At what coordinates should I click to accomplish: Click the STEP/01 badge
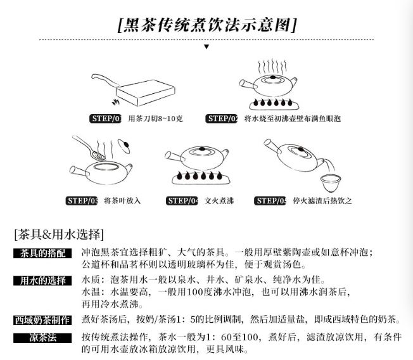(105, 119)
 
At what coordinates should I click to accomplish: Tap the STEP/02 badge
(222, 119)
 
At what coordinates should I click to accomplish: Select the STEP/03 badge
(81, 201)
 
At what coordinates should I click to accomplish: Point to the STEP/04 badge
(182, 201)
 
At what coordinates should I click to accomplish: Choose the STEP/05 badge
(270, 201)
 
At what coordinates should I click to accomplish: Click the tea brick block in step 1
(146, 93)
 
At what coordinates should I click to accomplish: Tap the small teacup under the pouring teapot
(331, 183)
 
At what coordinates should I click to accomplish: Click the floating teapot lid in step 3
(124, 146)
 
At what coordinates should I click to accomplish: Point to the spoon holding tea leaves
(90, 148)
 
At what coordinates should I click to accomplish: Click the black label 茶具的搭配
(42, 254)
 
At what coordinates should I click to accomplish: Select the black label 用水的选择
(42, 281)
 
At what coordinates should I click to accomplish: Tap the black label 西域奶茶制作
(42, 320)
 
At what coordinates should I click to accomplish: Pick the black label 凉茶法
(42, 338)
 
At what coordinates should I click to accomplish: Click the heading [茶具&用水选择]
(59, 235)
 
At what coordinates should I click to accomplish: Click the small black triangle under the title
(206, 47)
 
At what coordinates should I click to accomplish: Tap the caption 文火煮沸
(219, 201)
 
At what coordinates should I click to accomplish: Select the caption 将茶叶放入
(122, 201)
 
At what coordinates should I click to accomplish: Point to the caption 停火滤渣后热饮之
(322, 201)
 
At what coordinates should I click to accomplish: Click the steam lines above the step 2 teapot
(272, 67)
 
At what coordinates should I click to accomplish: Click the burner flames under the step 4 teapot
(200, 176)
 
